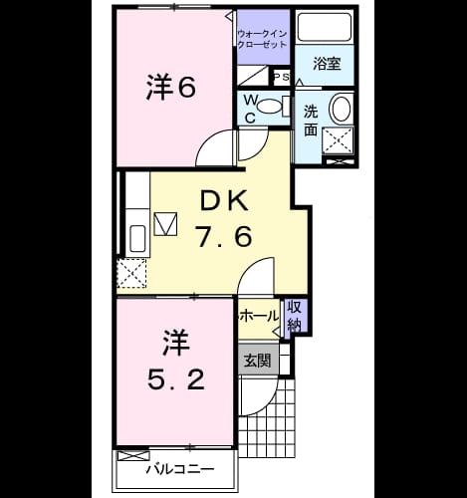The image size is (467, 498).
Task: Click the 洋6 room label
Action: [170, 87]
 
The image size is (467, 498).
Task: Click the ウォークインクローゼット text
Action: [263, 39]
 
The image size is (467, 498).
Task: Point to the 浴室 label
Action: [327, 64]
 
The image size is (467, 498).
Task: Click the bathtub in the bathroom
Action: [325, 27]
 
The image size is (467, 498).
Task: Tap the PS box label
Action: [282, 77]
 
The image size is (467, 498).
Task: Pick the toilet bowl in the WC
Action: [270, 107]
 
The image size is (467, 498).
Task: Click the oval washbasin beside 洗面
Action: [342, 108]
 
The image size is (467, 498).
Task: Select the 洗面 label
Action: [311, 121]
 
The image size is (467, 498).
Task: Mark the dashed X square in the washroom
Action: [338, 140]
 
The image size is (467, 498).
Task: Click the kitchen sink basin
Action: [137, 239]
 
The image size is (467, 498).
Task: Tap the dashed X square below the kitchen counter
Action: [131, 273]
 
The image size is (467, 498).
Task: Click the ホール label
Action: [260, 316]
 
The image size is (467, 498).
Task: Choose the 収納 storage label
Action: [295, 316]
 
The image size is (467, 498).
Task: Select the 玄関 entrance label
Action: [258, 361]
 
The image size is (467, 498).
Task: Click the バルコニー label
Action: [181, 469]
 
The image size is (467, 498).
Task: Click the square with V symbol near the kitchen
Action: [165, 224]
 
